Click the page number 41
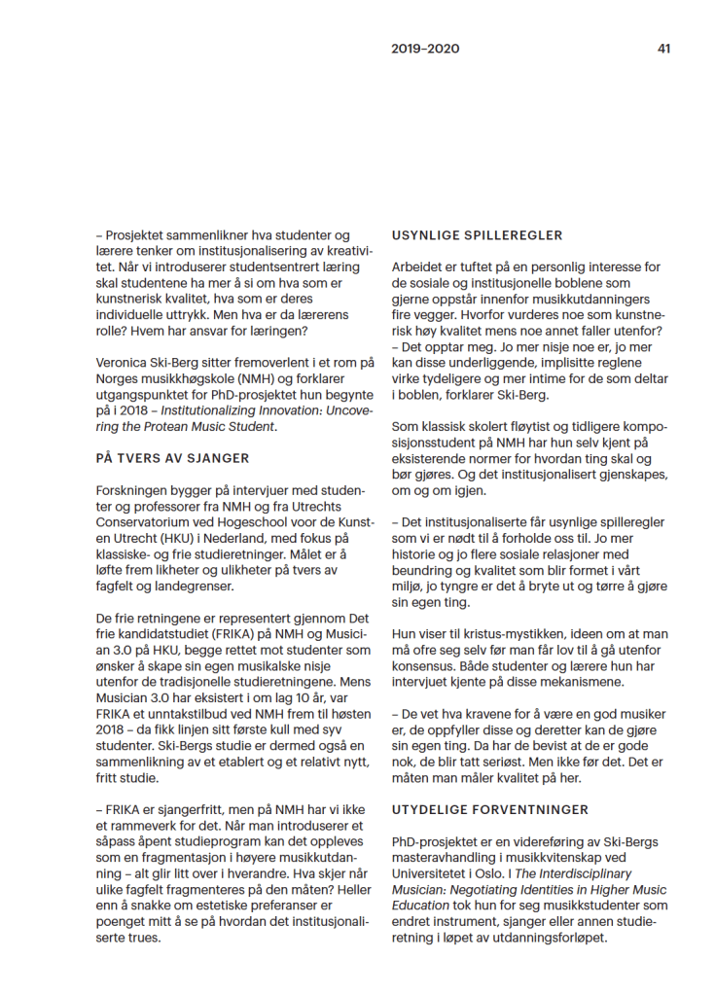(663, 49)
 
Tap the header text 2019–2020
(425, 49)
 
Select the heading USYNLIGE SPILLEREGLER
(477, 235)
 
